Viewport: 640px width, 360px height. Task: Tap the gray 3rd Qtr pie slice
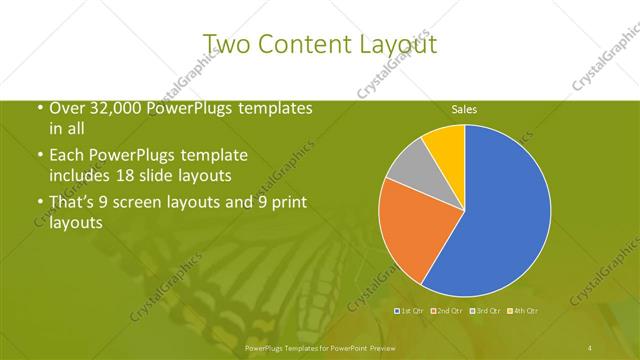point(409,176)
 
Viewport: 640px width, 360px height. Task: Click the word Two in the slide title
point(226,43)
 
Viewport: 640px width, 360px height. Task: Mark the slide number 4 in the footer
point(590,347)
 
